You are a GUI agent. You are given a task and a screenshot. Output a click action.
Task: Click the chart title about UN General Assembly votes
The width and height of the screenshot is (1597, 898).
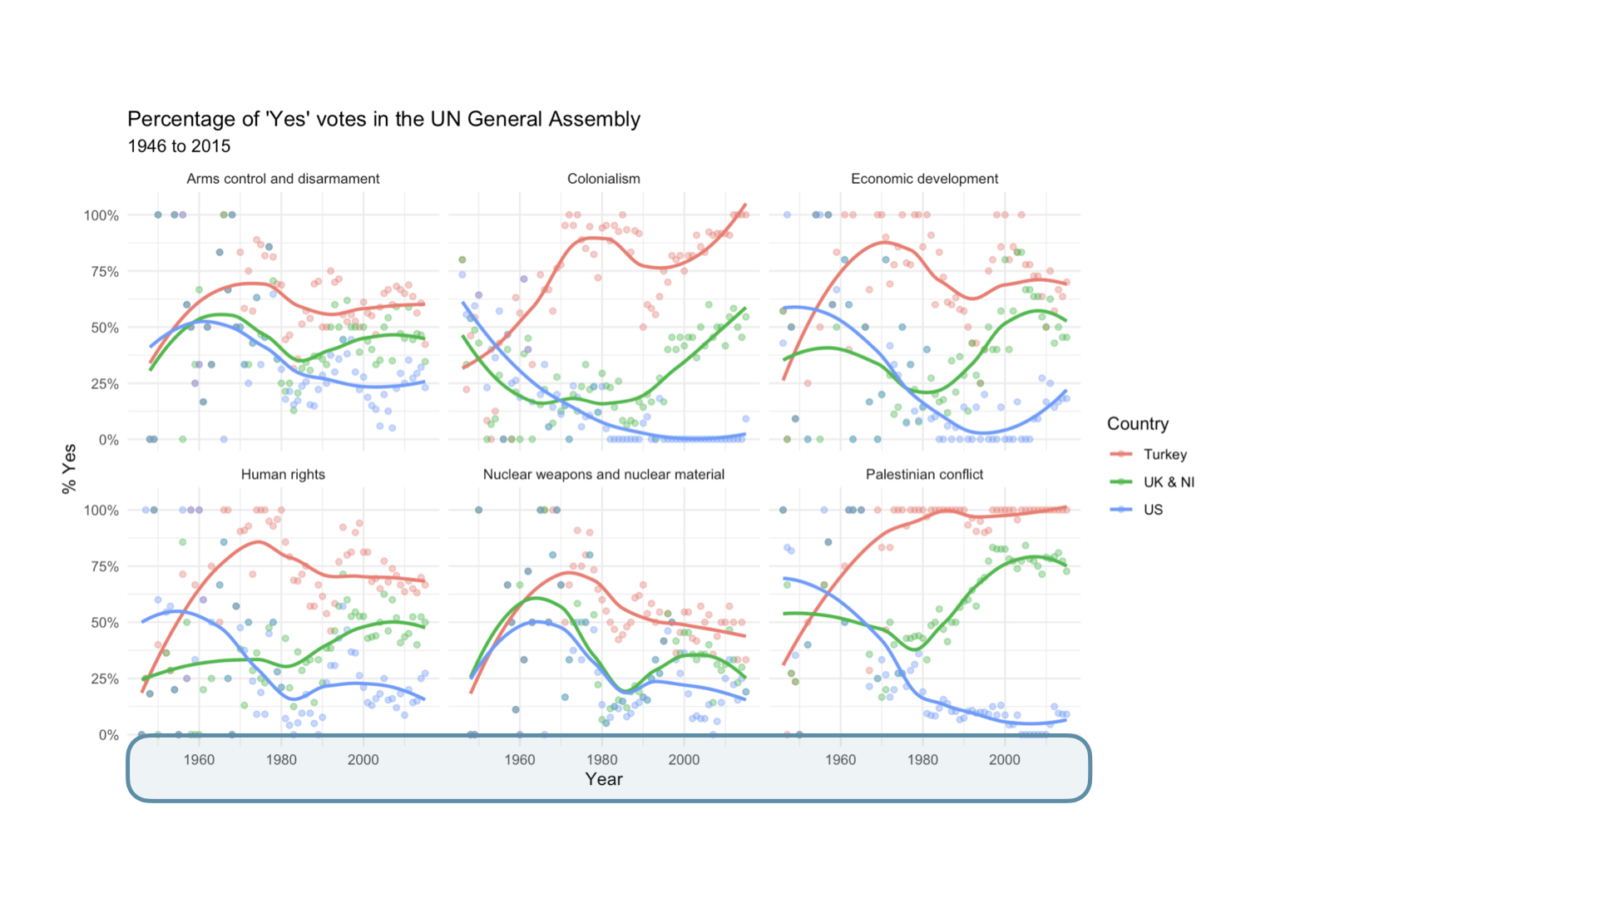pyautogui.click(x=383, y=119)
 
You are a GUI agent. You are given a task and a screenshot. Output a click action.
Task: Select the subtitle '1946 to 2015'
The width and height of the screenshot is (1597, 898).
pyautogui.click(x=179, y=146)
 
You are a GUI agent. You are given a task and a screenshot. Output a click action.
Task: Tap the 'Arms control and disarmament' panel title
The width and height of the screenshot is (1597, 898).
pyautogui.click(x=283, y=179)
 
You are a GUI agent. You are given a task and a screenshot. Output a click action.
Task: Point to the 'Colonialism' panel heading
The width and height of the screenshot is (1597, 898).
pyautogui.click(x=603, y=179)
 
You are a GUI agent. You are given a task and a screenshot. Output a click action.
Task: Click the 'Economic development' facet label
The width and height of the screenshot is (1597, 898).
pyautogui.click(x=924, y=179)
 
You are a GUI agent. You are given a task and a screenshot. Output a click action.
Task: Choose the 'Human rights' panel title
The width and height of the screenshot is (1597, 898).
pyautogui.click(x=283, y=474)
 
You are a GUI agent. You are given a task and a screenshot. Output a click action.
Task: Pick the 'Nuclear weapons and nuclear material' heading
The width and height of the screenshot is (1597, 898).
pyautogui.click(x=603, y=474)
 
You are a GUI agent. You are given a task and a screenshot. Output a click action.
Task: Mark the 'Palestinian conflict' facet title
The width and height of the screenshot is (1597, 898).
pyautogui.click(x=924, y=474)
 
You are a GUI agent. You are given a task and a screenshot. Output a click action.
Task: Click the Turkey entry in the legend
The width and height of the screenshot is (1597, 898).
pyautogui.click(x=1164, y=454)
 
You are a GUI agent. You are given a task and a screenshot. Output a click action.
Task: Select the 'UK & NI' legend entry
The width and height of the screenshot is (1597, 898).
pyautogui.click(x=1168, y=482)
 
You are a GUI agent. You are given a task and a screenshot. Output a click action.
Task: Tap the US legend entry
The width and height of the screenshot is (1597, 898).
pyautogui.click(x=1153, y=510)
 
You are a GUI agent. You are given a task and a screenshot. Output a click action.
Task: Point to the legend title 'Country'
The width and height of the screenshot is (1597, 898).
pyautogui.click(x=1137, y=424)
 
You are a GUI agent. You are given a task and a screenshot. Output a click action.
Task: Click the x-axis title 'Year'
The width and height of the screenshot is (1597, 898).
pyautogui.click(x=603, y=779)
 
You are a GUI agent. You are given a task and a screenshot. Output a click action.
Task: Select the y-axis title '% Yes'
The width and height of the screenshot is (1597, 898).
pyautogui.click(x=69, y=469)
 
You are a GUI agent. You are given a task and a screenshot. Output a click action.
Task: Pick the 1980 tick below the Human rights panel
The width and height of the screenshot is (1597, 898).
pyautogui.click(x=281, y=759)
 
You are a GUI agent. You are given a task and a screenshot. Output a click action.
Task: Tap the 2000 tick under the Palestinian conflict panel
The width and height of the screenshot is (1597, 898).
pyautogui.click(x=1004, y=759)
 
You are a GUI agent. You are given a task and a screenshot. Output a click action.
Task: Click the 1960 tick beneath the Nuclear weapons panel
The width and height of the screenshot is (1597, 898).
pyautogui.click(x=520, y=759)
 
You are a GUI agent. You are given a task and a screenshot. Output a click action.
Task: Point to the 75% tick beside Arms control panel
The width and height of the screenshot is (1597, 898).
pyautogui.click(x=101, y=272)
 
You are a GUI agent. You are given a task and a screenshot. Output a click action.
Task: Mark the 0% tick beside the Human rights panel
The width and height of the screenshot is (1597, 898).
pyautogui.click(x=108, y=735)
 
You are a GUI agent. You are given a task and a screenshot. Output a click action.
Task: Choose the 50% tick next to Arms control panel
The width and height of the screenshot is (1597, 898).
pyautogui.click(x=101, y=328)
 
